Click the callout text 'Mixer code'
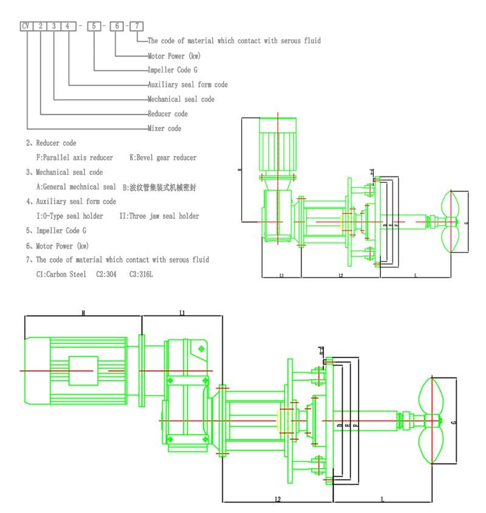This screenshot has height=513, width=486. click(x=164, y=129)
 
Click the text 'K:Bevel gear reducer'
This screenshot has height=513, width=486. click(x=163, y=158)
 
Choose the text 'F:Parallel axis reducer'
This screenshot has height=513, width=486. click(x=75, y=158)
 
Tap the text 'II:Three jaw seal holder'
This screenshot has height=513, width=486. click(x=159, y=216)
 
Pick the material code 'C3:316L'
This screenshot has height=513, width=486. click(x=140, y=275)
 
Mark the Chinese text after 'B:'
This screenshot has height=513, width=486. click(x=163, y=188)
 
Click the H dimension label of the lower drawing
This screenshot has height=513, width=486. click(x=83, y=312)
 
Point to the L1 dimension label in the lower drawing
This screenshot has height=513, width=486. click(x=182, y=312)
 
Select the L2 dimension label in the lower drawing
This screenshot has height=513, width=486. click(x=278, y=498)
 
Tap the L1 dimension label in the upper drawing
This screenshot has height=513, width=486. click(x=282, y=275)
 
